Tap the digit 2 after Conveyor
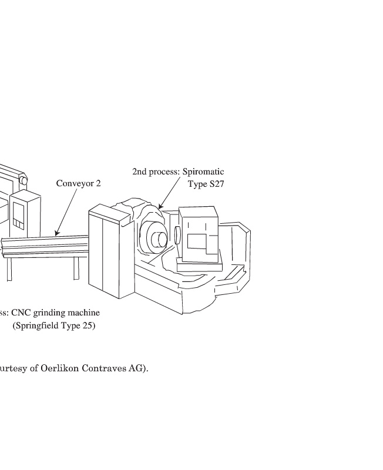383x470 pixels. click(98, 183)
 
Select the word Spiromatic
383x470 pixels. click(203, 172)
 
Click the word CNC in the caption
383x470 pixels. click(21, 313)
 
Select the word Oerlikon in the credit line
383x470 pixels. click(62, 369)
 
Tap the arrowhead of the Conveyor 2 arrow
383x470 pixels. click(56, 233)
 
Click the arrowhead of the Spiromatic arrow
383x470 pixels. click(160, 207)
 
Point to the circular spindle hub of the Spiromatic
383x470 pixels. click(157, 240)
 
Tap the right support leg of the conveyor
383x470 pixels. click(76, 268)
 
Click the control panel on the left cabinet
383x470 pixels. click(18, 214)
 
